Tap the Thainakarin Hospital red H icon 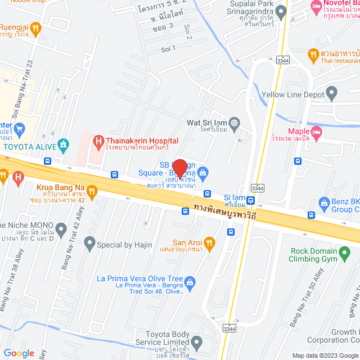coord(98,141)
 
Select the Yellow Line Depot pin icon coord(331,92)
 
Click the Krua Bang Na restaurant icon coord(93,191)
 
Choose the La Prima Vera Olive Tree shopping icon coord(191,281)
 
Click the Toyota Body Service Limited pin coord(196,341)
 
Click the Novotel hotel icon coord(316,7)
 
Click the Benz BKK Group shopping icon coord(324,202)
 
